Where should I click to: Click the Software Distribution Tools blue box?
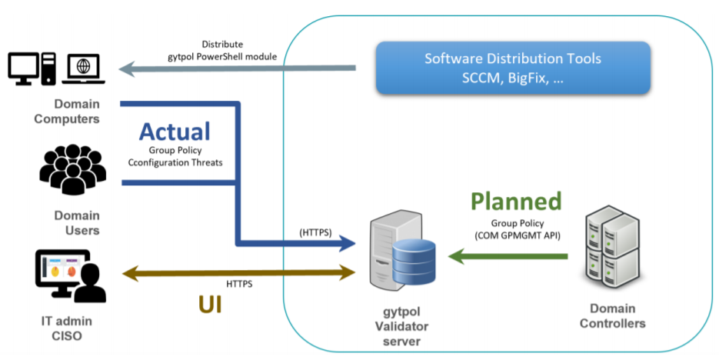point(513,68)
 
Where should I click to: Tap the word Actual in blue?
point(175,132)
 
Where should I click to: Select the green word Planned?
point(516,202)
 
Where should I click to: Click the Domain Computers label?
point(77,112)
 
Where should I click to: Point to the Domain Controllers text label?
point(612,316)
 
